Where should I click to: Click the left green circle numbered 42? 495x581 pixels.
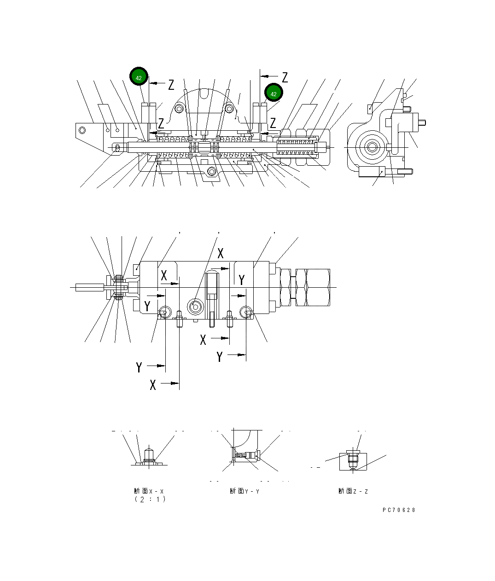pyautogui.click(x=139, y=77)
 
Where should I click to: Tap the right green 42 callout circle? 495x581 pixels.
pyautogui.click(x=274, y=93)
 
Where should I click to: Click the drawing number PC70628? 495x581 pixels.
pyautogui.click(x=399, y=510)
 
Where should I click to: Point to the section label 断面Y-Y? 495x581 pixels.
pyautogui.click(x=245, y=491)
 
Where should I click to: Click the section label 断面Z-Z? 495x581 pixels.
pyautogui.click(x=353, y=491)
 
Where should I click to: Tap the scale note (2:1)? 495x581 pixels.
pyautogui.click(x=150, y=500)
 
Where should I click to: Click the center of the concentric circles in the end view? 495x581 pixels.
pyautogui.click(x=372, y=147)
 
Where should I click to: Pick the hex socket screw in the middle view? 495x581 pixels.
pyautogui.click(x=195, y=307)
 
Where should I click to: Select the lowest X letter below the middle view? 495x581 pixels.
pyautogui.click(x=153, y=384)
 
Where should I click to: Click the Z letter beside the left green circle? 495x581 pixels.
pyautogui.click(x=171, y=84)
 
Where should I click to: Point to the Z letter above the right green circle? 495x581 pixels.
pyautogui.click(x=285, y=77)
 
